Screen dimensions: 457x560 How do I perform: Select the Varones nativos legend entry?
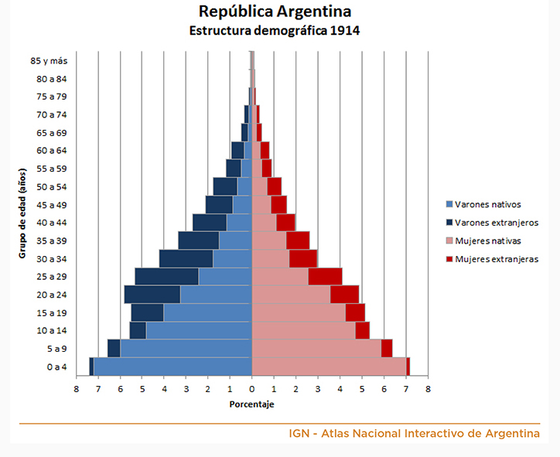487,205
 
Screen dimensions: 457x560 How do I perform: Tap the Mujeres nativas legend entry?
487,240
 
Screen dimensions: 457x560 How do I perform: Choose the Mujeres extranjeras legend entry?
496,259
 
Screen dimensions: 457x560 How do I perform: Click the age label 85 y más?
49,60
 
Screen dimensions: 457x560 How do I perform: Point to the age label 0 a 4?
56,367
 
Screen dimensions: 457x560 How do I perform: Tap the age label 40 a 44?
52,223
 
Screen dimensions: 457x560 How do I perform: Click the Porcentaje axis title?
252,404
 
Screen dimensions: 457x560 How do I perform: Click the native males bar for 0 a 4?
172,367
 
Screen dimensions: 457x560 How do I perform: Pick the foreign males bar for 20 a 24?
152,295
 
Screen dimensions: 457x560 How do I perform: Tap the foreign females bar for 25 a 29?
325,277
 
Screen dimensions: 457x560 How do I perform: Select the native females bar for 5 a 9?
316,349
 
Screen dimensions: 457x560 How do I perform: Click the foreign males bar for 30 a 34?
186,258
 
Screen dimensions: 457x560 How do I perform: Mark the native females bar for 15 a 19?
299,312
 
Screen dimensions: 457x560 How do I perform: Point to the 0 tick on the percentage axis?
252,389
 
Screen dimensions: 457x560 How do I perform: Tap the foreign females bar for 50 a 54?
274,186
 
